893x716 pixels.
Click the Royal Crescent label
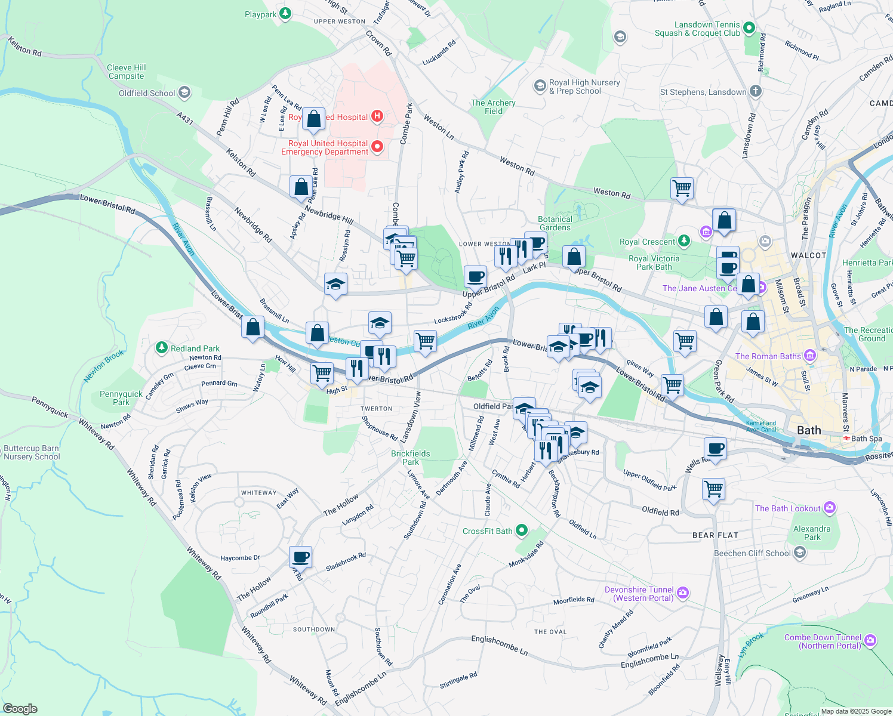(647, 242)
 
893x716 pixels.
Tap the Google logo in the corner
(20, 708)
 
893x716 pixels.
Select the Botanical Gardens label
(555, 223)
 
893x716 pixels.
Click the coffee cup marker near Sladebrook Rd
(300, 557)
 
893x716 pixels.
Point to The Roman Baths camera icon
(810, 356)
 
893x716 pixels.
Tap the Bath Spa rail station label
(866, 439)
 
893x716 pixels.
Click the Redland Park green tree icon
(161, 348)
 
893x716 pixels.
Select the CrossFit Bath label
(487, 531)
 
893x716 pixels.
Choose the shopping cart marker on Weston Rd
(682, 189)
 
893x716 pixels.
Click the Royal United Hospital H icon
(377, 116)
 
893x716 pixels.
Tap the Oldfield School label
(147, 93)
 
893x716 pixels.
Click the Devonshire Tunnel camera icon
(683, 593)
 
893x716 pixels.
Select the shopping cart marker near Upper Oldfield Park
(714, 489)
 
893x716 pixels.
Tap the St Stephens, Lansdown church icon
(755, 91)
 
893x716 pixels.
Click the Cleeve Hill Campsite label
(126, 72)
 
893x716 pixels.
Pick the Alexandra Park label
(812, 533)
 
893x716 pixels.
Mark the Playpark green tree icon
(285, 13)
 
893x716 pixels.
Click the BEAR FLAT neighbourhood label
(715, 535)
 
